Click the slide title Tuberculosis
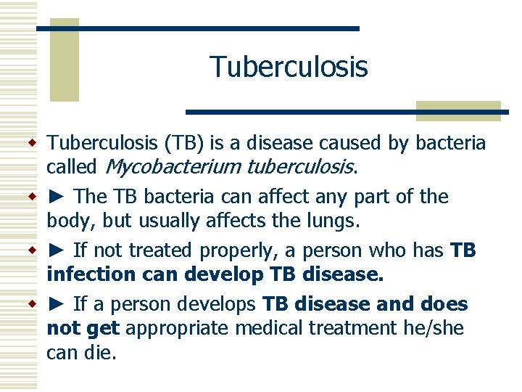(x=289, y=67)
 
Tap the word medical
(x=268, y=329)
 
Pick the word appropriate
(x=176, y=329)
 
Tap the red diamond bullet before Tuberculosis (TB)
(x=32, y=143)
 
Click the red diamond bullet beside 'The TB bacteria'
(x=32, y=197)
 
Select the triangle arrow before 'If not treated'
(x=57, y=251)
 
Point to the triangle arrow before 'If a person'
(x=57, y=304)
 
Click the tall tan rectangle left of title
(x=63, y=62)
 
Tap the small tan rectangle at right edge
(x=458, y=110)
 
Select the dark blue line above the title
(x=197, y=28)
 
